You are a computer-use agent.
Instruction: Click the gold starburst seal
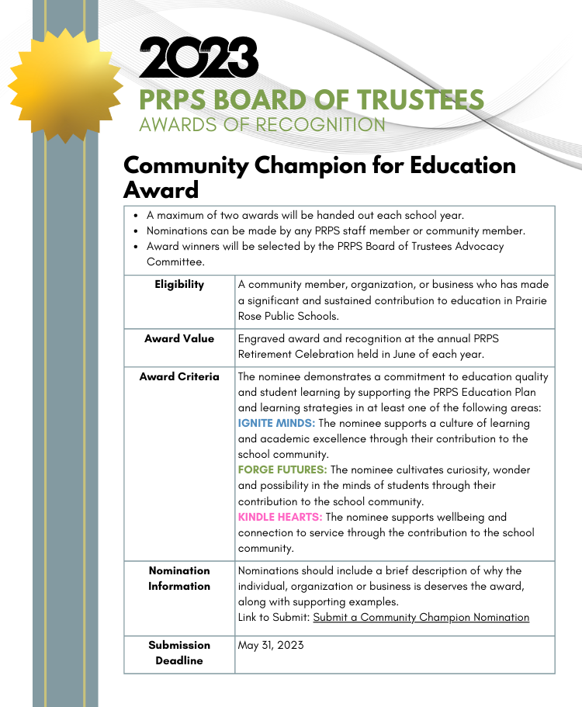(65, 83)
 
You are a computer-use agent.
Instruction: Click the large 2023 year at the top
(199, 59)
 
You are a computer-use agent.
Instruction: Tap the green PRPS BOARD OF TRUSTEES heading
(311, 99)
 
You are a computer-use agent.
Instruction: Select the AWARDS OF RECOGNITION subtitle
(262, 124)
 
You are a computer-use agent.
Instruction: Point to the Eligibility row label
(179, 285)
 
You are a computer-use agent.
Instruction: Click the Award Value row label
(179, 339)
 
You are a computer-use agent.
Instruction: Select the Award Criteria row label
(179, 377)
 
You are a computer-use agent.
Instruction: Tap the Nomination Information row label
(179, 578)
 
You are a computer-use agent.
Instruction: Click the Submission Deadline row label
(179, 653)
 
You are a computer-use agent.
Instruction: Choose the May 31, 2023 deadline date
(271, 646)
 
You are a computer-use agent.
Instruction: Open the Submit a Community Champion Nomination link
(421, 618)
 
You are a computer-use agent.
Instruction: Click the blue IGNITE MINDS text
(276, 424)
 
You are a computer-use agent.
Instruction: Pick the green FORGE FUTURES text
(282, 470)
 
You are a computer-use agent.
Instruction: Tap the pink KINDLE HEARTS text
(280, 517)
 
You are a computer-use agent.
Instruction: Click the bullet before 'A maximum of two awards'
(137, 216)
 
